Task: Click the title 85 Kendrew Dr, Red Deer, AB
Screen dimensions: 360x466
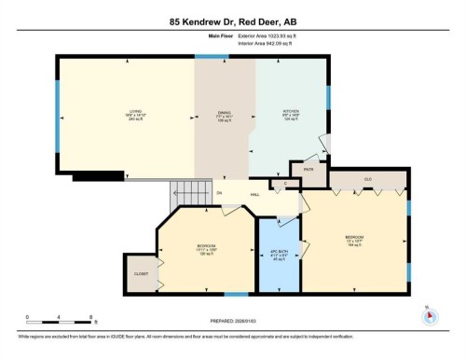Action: pyautogui.click(x=233, y=21)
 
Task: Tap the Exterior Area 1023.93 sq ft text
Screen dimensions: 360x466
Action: pyautogui.click(x=280, y=35)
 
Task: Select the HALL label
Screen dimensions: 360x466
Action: pyautogui.click(x=254, y=194)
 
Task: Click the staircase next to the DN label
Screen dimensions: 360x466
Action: pyautogui.click(x=183, y=198)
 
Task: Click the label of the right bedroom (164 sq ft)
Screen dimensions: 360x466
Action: pyautogui.click(x=354, y=239)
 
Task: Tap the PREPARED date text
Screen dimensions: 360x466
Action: pyautogui.click(x=233, y=324)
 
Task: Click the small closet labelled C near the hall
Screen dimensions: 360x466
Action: pyautogui.click(x=285, y=183)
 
